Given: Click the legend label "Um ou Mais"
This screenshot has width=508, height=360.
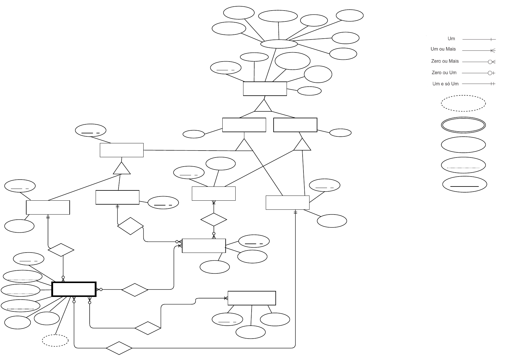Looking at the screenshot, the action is [443, 49].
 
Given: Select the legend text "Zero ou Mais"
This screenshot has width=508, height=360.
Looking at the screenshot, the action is [445, 61].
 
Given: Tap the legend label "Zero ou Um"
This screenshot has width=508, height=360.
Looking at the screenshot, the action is [444, 73].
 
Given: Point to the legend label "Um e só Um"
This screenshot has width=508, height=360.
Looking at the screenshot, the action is [445, 84].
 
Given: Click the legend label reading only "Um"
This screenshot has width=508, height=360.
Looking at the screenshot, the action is [451, 39].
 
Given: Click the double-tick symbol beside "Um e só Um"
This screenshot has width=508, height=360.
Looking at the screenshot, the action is [492, 84].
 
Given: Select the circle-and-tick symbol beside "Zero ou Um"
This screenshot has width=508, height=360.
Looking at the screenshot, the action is [491, 73].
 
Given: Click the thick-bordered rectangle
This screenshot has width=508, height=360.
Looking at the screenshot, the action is [74, 289].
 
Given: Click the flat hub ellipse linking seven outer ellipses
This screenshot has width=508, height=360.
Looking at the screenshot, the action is [279, 44].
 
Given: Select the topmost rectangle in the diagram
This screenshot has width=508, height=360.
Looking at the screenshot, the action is [265, 89].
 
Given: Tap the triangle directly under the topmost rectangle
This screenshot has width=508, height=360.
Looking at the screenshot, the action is [263, 106].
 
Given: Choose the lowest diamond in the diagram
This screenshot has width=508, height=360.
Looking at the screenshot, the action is [119, 348].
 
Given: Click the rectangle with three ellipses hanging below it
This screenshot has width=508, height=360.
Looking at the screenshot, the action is [252, 298].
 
